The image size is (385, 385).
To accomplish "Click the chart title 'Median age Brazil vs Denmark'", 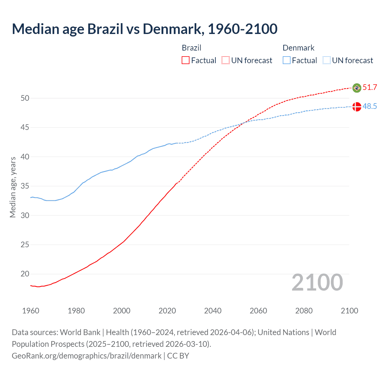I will click(144, 29).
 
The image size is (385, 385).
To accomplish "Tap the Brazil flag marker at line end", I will click(357, 88).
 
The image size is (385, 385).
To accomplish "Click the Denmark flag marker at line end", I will click(357, 107).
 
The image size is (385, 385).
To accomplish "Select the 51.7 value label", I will click(370, 88).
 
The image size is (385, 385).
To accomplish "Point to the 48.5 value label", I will click(370, 106).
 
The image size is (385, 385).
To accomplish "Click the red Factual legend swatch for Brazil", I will click(186, 60).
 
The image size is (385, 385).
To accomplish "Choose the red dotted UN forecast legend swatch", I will click(226, 60).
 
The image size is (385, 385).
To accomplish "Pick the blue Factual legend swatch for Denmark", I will click(287, 60).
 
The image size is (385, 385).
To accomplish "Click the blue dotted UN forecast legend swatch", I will click(326, 60).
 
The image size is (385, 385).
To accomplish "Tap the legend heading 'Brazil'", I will click(192, 48).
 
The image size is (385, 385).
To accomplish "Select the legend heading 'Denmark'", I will click(298, 48).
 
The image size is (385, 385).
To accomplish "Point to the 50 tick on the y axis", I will click(25, 98).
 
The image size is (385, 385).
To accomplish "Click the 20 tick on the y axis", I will click(25, 274).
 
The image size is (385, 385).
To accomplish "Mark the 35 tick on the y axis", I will click(25, 186).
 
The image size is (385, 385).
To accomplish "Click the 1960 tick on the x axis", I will click(31, 311).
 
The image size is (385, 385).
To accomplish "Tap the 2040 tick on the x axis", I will click(213, 311).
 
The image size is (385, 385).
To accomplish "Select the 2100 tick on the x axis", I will click(349, 311).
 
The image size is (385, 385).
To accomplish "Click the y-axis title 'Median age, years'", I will click(13, 187).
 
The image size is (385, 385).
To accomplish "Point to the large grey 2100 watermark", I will click(317, 282).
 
